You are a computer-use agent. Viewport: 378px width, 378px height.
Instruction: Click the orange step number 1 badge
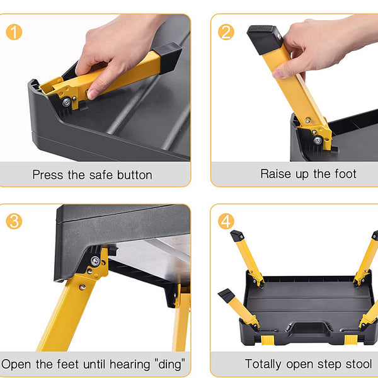tap(13, 31)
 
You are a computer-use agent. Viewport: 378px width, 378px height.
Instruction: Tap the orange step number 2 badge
tap(226, 31)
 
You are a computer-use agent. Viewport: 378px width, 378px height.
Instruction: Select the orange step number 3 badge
tap(13, 221)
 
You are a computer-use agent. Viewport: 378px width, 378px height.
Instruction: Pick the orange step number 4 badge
tap(226, 221)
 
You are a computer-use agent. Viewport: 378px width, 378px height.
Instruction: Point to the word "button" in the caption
tap(132, 175)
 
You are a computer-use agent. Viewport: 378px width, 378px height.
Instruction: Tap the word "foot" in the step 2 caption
tap(343, 173)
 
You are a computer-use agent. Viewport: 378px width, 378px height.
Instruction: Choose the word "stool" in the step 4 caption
tap(357, 364)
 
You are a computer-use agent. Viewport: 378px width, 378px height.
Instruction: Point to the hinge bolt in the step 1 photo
tap(66, 101)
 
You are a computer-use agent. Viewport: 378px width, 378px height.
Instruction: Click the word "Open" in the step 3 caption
tap(17, 364)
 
